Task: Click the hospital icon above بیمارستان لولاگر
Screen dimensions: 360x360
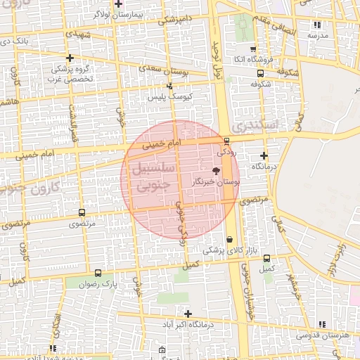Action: pyautogui.click(x=118, y=4)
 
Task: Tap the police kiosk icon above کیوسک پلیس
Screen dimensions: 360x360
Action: pyautogui.click(x=169, y=86)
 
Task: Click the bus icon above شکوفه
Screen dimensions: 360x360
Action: pyautogui.click(x=261, y=72)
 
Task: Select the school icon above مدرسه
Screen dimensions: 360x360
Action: pyautogui.click(x=317, y=25)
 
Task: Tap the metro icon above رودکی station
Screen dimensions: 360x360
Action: pyautogui.click(x=226, y=141)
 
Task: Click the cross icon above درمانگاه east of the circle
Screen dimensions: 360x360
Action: pyautogui.click(x=264, y=155)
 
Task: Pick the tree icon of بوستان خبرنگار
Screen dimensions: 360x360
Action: pyautogui.click(x=216, y=171)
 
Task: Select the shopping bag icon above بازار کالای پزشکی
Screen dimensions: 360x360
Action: pyautogui.click(x=230, y=239)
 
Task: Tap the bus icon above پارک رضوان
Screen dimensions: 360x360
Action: pyautogui.click(x=97, y=273)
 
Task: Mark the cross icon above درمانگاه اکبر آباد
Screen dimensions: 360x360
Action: pyautogui.click(x=188, y=314)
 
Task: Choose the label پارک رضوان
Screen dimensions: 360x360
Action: pyautogui.click(x=96, y=285)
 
